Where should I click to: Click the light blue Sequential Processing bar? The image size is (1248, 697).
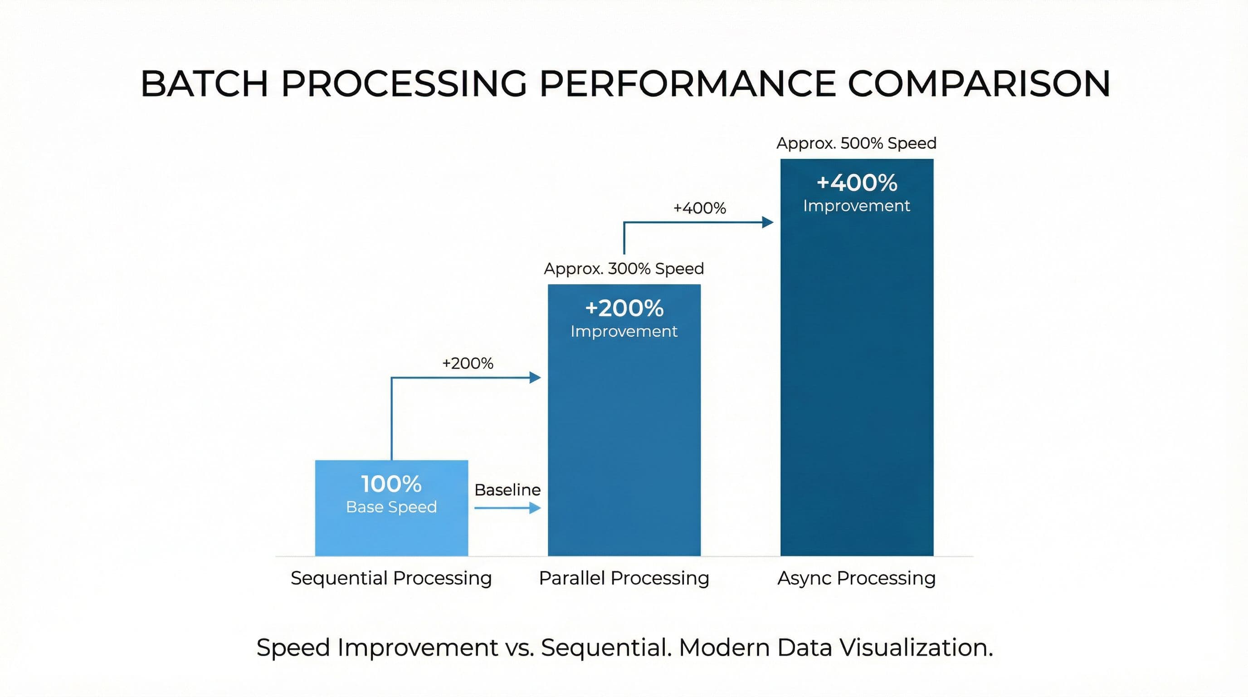point(391,533)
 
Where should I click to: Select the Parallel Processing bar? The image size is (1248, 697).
point(624,436)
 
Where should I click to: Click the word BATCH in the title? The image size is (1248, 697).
point(204,84)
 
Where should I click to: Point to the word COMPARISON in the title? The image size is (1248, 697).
point(979,84)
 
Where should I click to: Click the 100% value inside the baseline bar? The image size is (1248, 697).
point(391,484)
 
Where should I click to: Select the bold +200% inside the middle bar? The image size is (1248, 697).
point(624,308)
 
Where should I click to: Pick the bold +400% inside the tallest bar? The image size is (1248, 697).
point(857,183)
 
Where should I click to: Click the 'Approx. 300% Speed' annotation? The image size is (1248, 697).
point(624,269)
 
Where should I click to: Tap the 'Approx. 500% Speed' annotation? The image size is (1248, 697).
point(856,143)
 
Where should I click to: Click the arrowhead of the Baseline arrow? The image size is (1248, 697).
point(535,508)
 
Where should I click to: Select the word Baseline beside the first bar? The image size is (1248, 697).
point(507,490)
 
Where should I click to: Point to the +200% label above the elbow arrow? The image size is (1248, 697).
point(468,363)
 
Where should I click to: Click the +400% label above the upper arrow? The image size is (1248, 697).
point(700,208)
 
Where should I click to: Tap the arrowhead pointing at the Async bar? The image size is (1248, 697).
point(768,222)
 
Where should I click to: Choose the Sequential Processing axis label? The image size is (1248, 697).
point(391,578)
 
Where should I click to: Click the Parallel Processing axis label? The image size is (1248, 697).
point(624,578)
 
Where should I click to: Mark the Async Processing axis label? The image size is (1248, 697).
point(857,578)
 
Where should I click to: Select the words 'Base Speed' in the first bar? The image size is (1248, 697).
point(391,507)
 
